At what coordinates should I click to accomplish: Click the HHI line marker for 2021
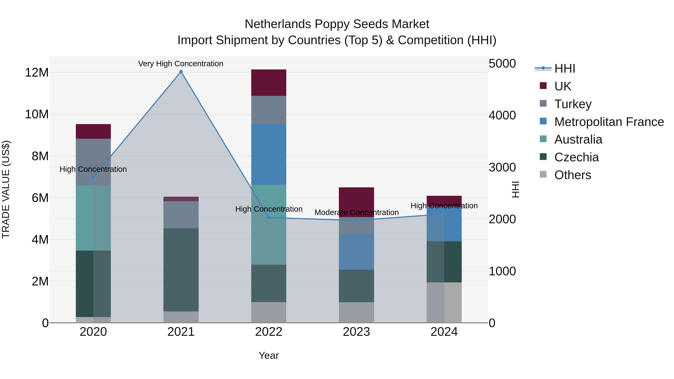click(x=181, y=72)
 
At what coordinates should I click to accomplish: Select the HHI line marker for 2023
click(x=356, y=220)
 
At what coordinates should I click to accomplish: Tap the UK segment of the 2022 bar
click(x=268, y=83)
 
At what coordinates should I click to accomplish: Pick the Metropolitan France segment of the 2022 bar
click(x=268, y=154)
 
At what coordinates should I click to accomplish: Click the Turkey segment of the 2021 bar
click(x=181, y=214)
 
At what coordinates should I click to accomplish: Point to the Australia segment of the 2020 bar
click(x=93, y=218)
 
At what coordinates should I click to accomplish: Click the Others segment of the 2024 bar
click(x=444, y=302)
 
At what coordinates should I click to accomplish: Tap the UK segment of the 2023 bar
click(x=356, y=202)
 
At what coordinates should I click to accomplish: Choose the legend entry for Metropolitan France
click(x=609, y=122)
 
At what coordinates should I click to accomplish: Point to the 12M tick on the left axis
click(x=37, y=72)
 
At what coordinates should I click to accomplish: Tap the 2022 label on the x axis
click(x=268, y=332)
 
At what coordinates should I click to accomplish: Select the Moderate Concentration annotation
click(x=356, y=212)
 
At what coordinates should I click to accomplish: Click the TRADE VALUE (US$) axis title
click(x=6, y=189)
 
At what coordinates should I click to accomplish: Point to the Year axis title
click(x=268, y=355)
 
